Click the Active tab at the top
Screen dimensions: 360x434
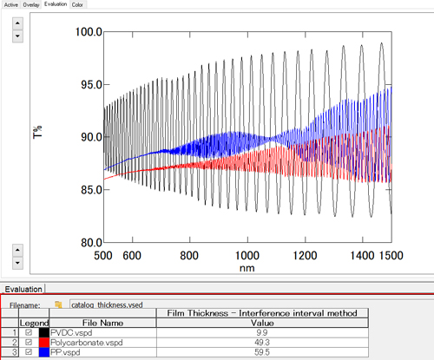(11, 4)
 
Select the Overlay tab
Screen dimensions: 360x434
(31, 4)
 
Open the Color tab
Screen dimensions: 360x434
(77, 4)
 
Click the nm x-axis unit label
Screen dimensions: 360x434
(248, 269)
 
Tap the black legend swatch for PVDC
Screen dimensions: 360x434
(43, 332)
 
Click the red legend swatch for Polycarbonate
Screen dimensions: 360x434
(43, 343)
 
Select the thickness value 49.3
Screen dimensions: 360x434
(261, 343)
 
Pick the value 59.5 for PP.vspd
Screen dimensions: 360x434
(261, 353)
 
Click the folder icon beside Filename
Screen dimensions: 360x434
(57, 305)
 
